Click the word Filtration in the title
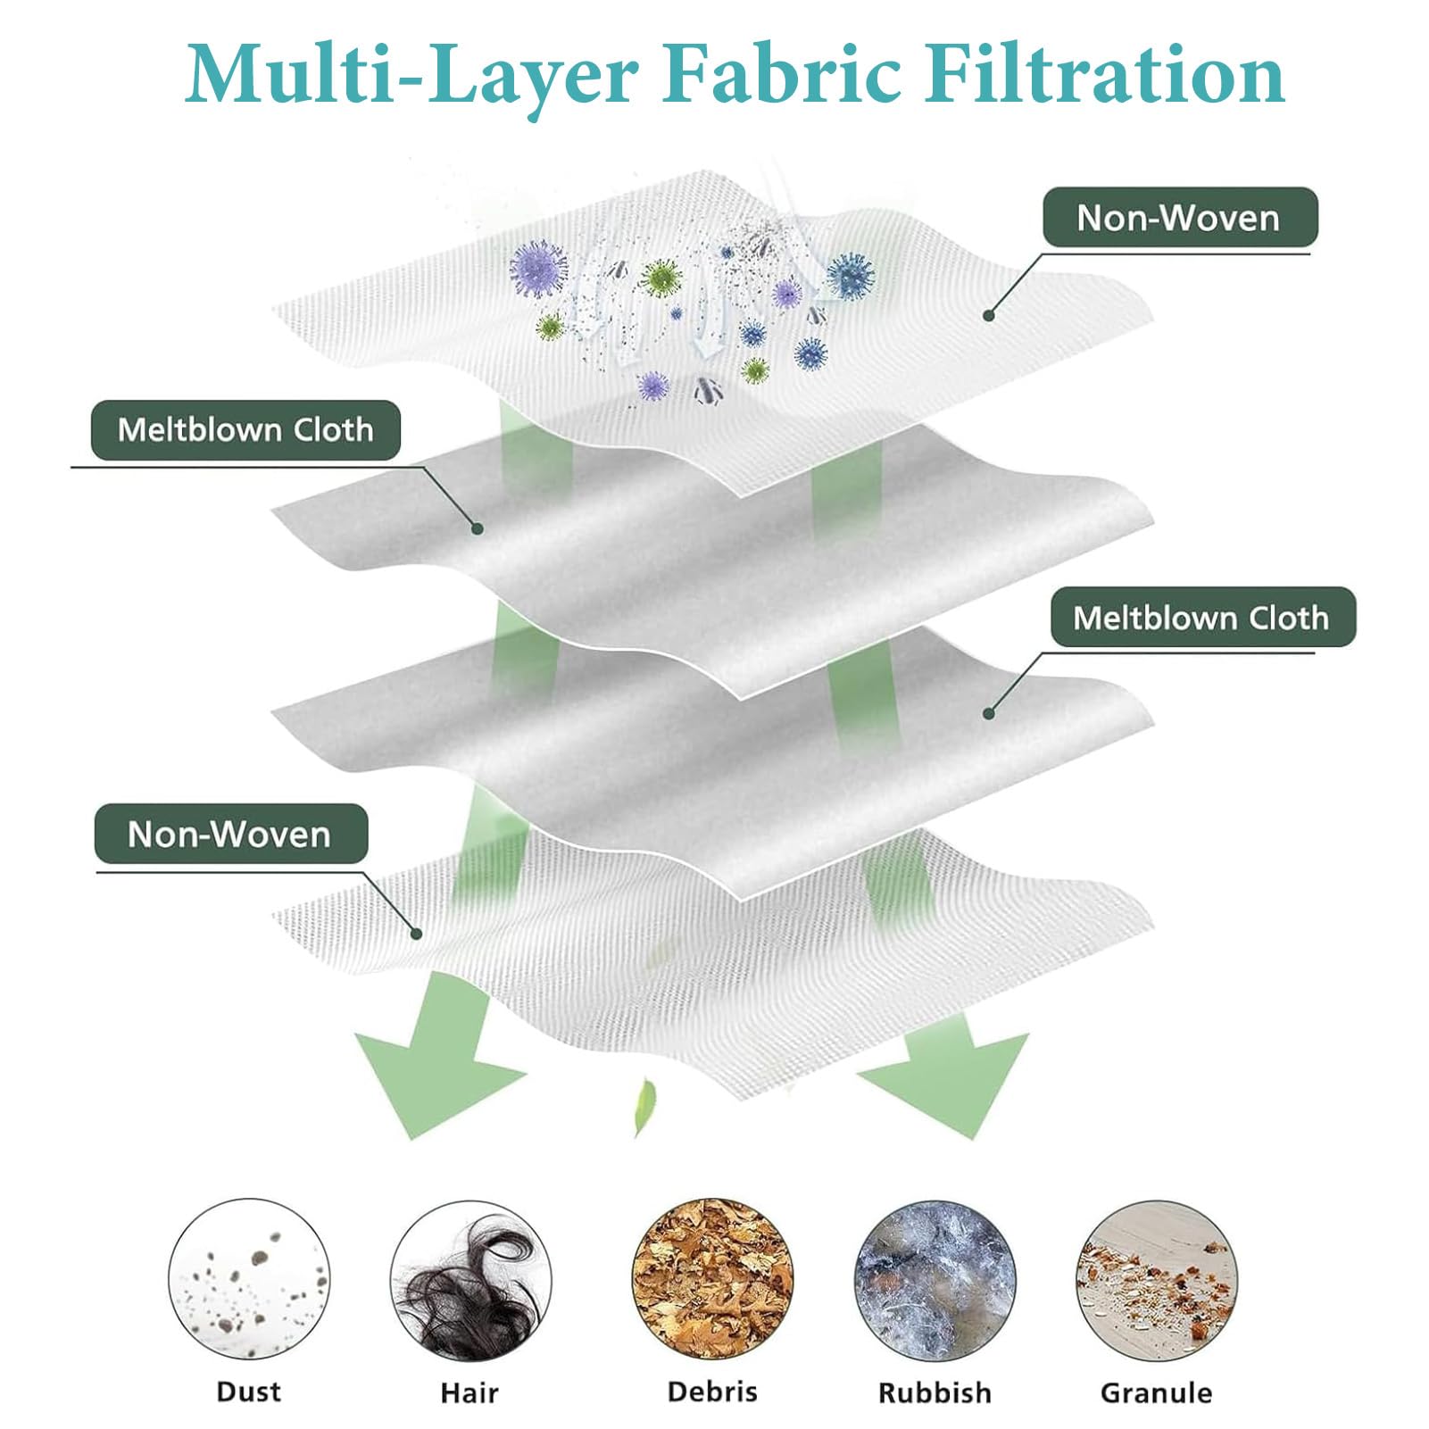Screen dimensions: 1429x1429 (1105, 75)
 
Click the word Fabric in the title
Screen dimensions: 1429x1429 (781, 75)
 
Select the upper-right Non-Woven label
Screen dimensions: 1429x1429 (1179, 218)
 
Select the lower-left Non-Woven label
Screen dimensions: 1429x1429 (230, 835)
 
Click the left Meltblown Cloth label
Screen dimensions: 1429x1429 (245, 430)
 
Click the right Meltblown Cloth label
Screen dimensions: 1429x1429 (1201, 618)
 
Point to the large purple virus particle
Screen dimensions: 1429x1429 (538, 269)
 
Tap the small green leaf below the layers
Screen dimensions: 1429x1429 (644, 1107)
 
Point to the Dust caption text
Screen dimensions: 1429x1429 (249, 1392)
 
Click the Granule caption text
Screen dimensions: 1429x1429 (1157, 1392)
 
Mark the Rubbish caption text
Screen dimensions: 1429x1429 (935, 1392)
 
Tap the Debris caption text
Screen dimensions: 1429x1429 (712, 1392)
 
